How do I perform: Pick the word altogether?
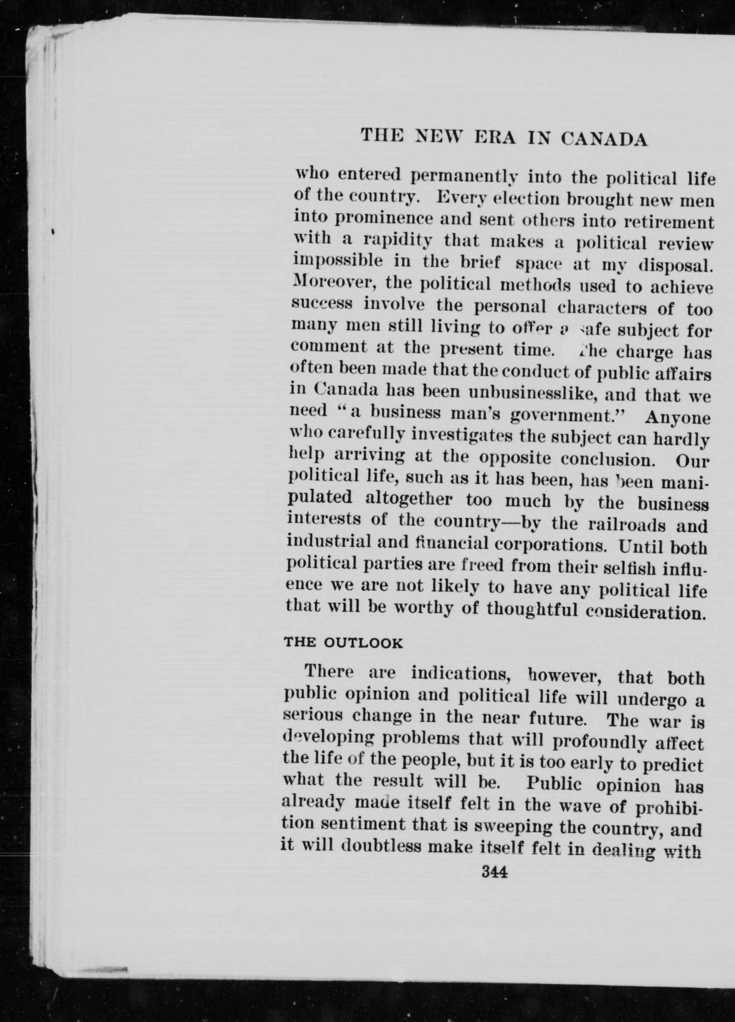tap(409, 500)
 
